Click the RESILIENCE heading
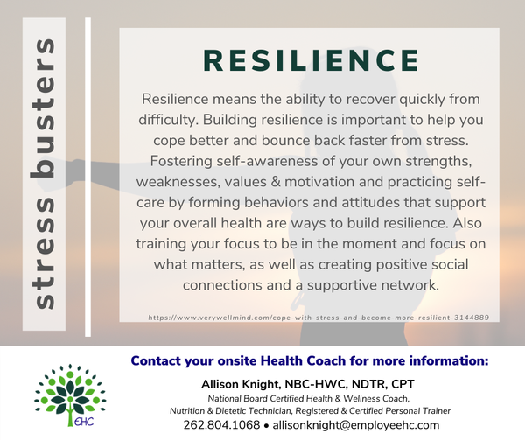tap(311, 60)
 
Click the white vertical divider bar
tap(88, 177)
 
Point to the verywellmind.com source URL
tap(318, 318)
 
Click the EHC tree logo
tap(70, 395)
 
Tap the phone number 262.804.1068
tap(221, 425)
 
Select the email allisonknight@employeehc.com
tap(356, 425)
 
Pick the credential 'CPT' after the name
tap(402, 384)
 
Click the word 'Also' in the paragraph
tap(467, 223)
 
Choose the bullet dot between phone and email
tap(266, 426)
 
